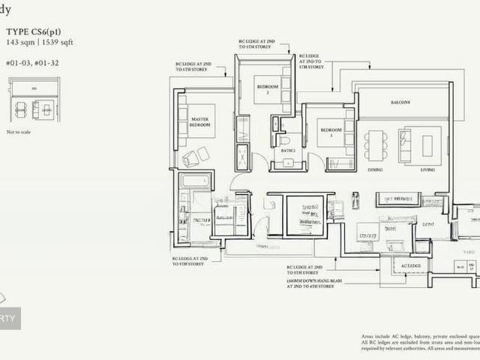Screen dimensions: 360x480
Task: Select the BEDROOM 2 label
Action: [267, 90]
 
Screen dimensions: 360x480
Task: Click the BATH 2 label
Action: [288, 151]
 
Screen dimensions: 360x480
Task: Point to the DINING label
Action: [375, 170]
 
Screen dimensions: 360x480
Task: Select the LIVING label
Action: [427, 170]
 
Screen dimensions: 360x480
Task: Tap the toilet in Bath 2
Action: [285, 139]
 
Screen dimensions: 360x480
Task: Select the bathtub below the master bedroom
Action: [197, 181]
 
